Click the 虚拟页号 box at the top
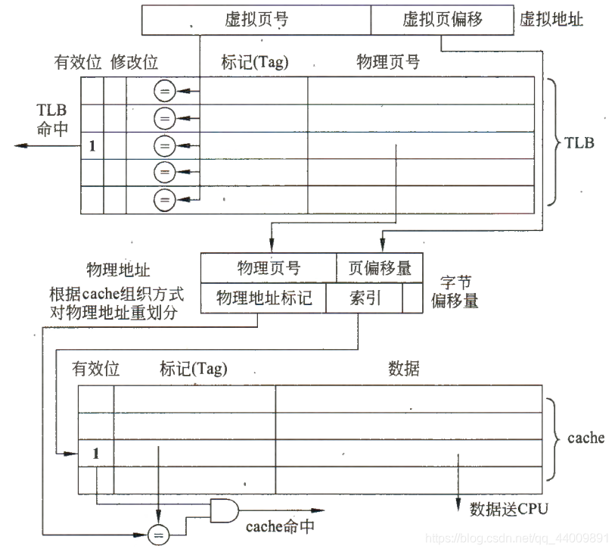pyautogui.click(x=256, y=19)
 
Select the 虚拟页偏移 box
pyautogui.click(x=442, y=19)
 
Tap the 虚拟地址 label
pyautogui.click(x=551, y=20)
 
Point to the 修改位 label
pyautogui.click(x=134, y=61)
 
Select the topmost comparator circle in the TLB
pyautogui.click(x=164, y=92)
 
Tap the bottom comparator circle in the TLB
pyautogui.click(x=164, y=201)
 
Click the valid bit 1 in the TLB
pyautogui.click(x=92, y=146)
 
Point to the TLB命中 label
pyautogui.click(x=51, y=120)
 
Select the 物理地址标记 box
pyautogui.click(x=263, y=298)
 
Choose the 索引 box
pyautogui.click(x=364, y=298)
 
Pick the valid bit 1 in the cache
pyautogui.click(x=95, y=454)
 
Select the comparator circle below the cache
pyautogui.click(x=158, y=535)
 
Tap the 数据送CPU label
pyautogui.click(x=508, y=508)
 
